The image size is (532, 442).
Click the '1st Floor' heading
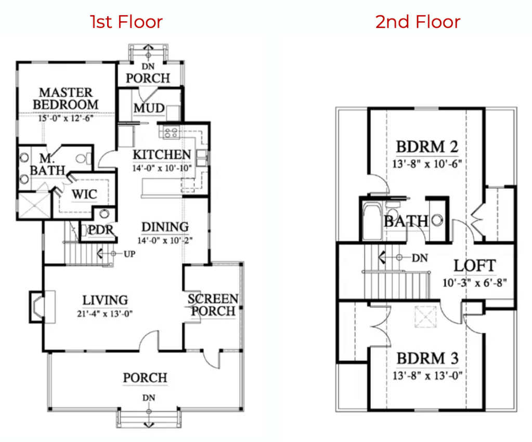pyautogui.click(x=126, y=22)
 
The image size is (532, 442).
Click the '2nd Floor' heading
pyautogui.click(x=418, y=22)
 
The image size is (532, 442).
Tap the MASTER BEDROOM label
pyautogui.click(x=66, y=98)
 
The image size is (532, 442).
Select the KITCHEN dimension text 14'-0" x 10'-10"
pyautogui.click(x=161, y=167)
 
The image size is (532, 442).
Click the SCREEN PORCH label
pyautogui.click(x=213, y=305)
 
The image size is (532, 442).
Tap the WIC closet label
pyautogui.click(x=84, y=194)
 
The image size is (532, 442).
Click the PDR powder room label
pyautogui.click(x=101, y=229)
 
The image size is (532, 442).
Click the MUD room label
pyautogui.click(x=149, y=108)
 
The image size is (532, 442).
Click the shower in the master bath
pyautogui.click(x=34, y=206)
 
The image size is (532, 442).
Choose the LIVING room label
pyautogui.click(x=105, y=300)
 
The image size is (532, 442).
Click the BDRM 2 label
pyautogui.click(x=426, y=147)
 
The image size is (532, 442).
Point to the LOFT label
pyautogui.click(x=474, y=266)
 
